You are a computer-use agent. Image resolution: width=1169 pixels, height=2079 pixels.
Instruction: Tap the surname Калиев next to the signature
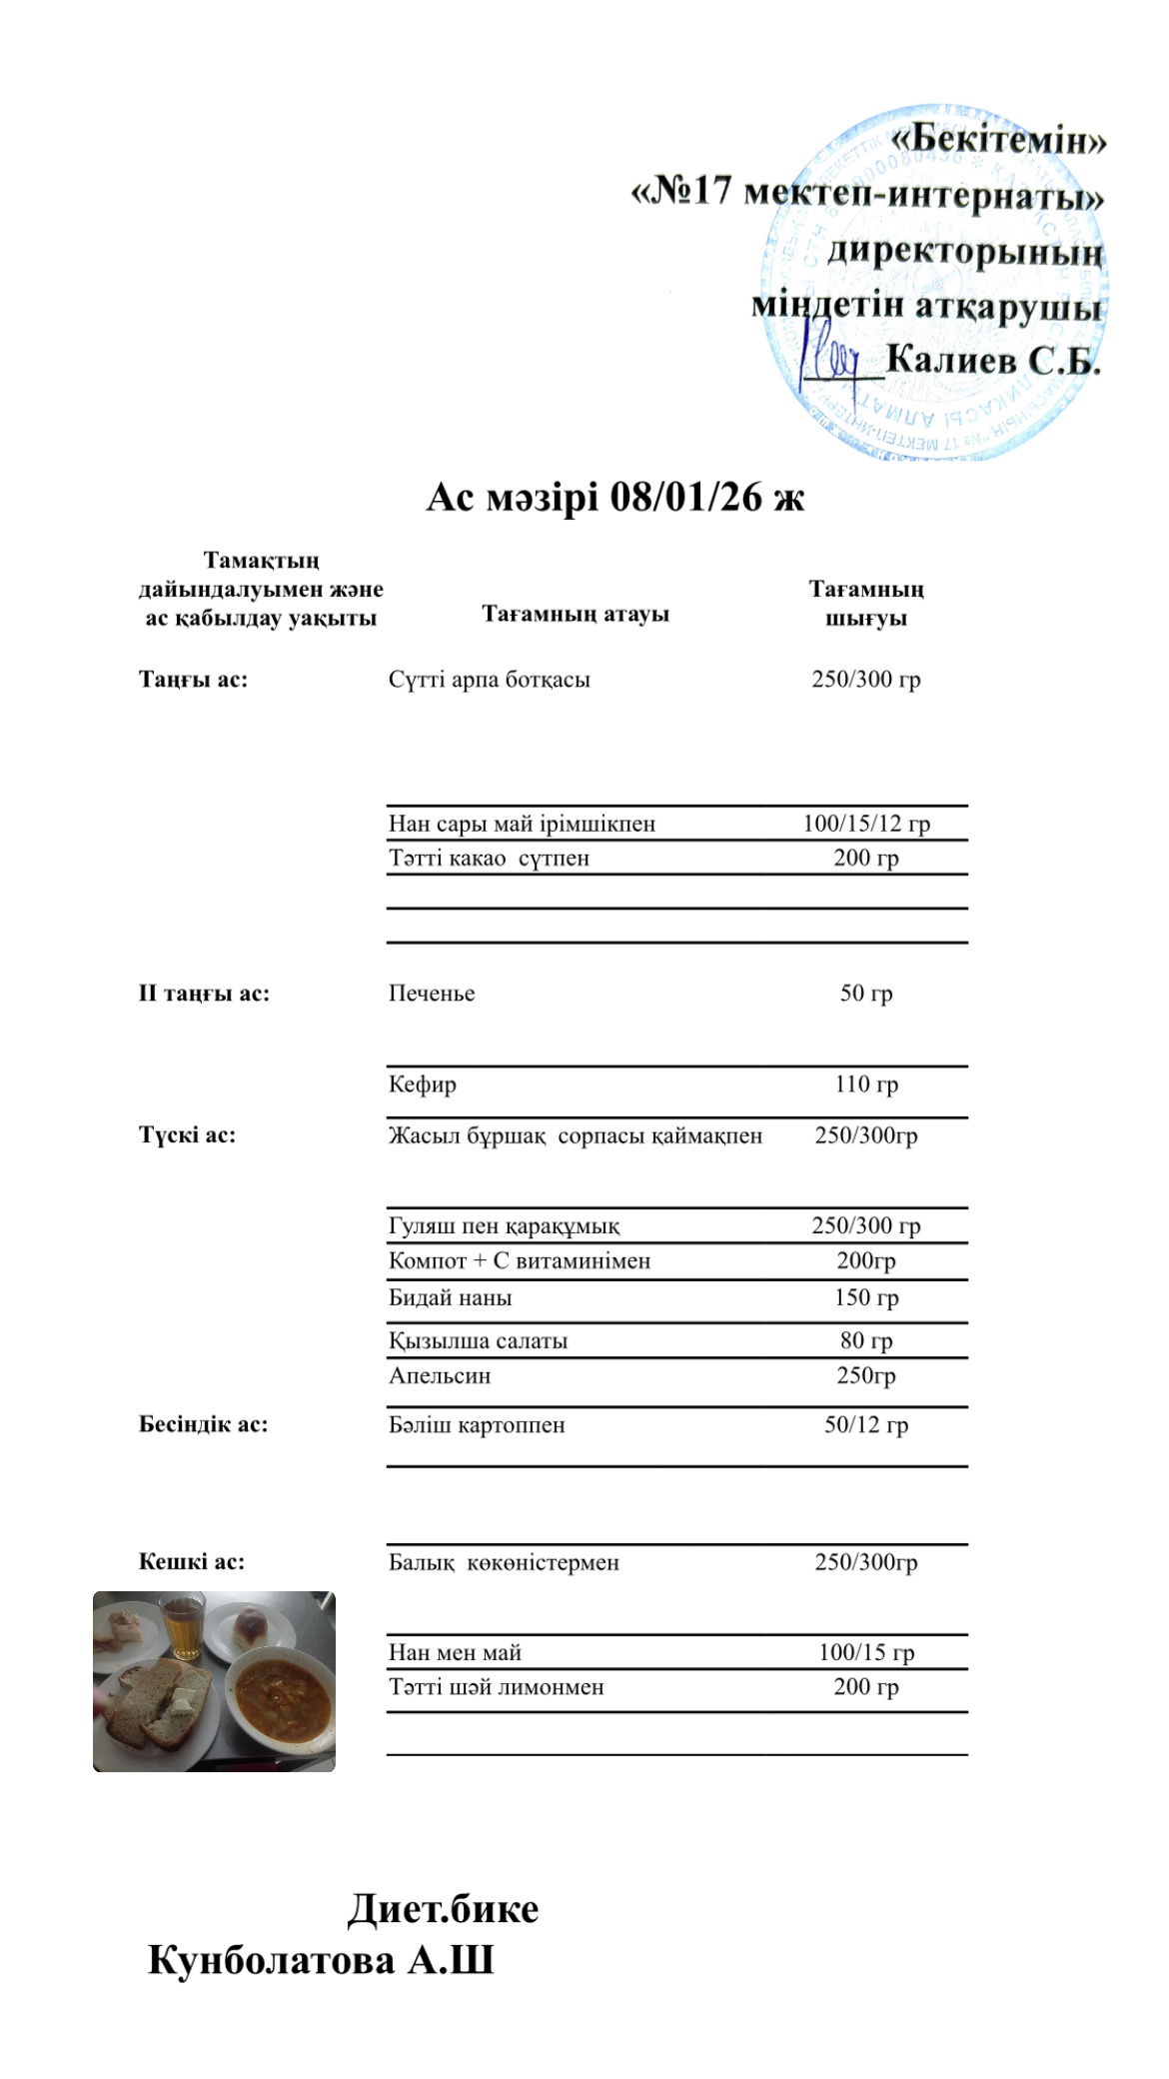pyautogui.click(x=951, y=360)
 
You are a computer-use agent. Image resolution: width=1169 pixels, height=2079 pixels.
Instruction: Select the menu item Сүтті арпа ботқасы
pyautogui.click(x=489, y=680)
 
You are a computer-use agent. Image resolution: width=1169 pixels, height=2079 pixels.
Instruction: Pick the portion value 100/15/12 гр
pyautogui.click(x=866, y=824)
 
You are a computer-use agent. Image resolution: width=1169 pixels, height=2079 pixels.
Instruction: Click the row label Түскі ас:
pyautogui.click(x=187, y=1134)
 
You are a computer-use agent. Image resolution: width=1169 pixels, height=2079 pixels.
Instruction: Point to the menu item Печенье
pyautogui.click(x=432, y=994)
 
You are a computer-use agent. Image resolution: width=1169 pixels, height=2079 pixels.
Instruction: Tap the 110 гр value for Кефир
pyautogui.click(x=866, y=1084)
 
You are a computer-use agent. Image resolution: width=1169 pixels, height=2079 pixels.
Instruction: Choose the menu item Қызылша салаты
pyautogui.click(x=478, y=1341)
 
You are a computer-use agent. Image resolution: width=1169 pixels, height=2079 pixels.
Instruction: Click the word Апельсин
pyautogui.click(x=440, y=1376)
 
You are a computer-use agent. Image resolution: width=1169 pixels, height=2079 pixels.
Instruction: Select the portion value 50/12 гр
pyautogui.click(x=866, y=1425)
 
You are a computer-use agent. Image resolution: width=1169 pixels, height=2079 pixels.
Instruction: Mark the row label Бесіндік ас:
pyautogui.click(x=203, y=1424)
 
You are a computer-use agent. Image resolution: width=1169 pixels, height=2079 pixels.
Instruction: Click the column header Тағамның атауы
pyautogui.click(x=576, y=614)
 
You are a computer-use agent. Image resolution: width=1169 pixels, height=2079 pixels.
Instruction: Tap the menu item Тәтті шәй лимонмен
pyautogui.click(x=496, y=1687)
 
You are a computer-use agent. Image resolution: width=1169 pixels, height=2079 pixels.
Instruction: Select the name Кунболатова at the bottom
pyautogui.click(x=272, y=1960)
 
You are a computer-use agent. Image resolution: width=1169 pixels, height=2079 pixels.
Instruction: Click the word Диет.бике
pyautogui.click(x=443, y=1908)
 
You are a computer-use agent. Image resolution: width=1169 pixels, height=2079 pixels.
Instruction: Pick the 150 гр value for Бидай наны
pyautogui.click(x=866, y=1298)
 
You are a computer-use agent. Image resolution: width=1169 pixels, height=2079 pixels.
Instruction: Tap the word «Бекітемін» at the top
pyautogui.click(x=998, y=141)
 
